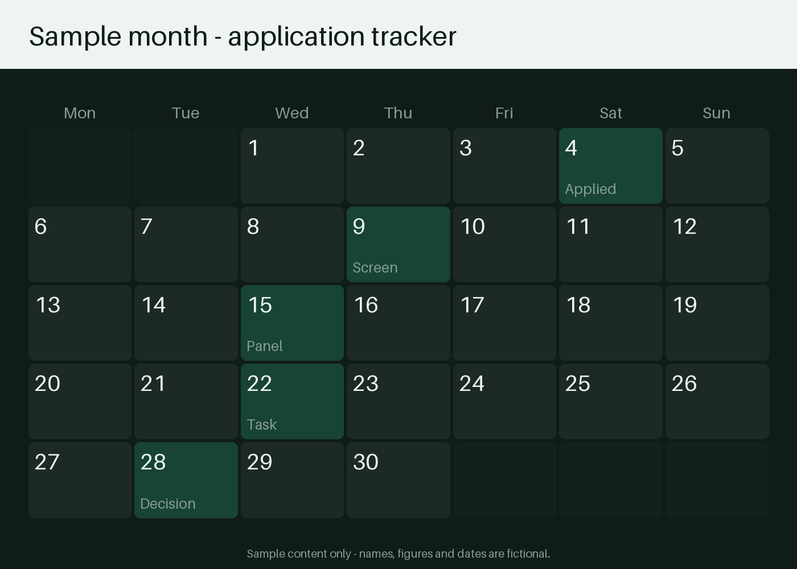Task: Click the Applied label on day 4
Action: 590,189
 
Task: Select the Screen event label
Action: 375,268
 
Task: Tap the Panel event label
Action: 265,346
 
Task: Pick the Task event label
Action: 262,424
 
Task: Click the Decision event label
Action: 168,504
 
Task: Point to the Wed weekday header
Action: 291,113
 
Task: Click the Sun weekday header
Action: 717,113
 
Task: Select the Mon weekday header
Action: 80,113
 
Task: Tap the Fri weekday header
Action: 504,113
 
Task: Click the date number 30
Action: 365,462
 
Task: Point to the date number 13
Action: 48,305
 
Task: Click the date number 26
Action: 684,384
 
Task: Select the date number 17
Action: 472,305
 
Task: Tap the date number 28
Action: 153,462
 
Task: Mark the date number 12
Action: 684,226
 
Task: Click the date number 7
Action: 146,226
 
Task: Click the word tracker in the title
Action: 414,36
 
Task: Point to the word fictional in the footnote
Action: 528,554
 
